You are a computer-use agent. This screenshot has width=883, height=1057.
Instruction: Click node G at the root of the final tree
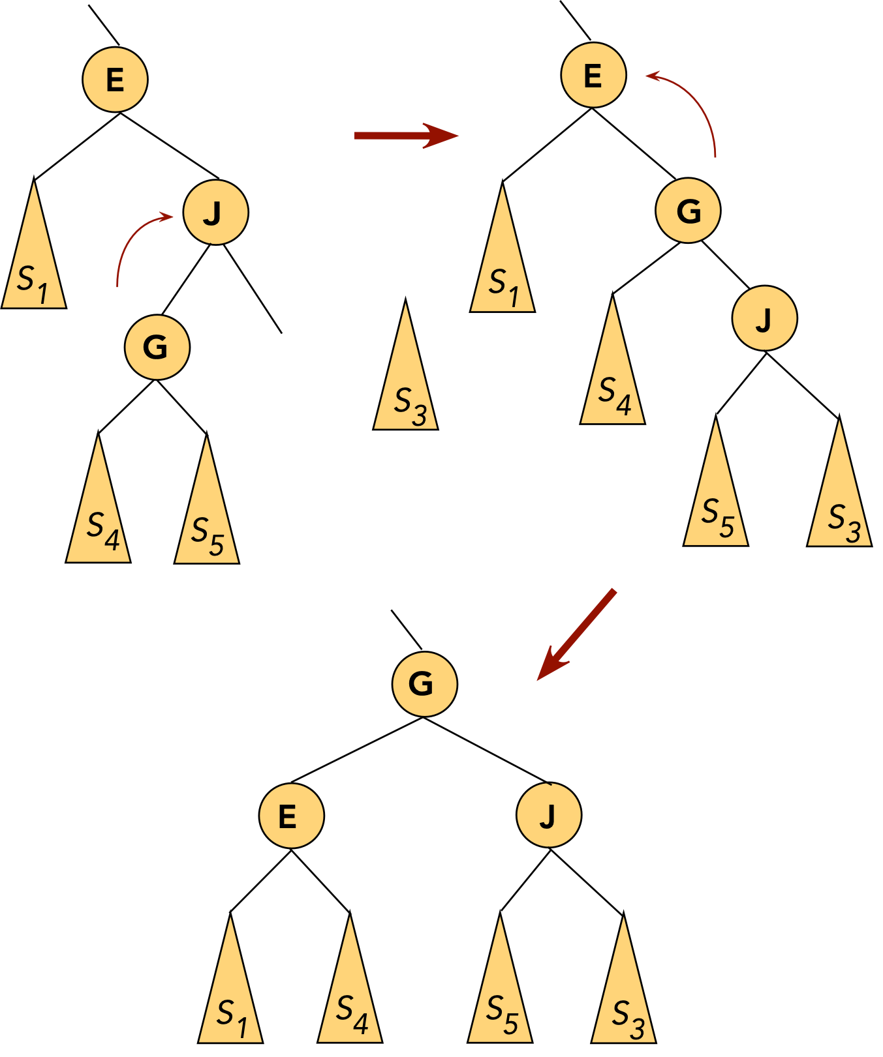[x=424, y=684]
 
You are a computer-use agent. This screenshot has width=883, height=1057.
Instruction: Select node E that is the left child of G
[x=291, y=816]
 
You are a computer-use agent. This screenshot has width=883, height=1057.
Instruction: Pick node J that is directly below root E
[x=215, y=213]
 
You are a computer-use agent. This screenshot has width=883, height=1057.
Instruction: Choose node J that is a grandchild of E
[x=764, y=319]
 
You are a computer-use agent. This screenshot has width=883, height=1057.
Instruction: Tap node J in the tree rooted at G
[x=548, y=815]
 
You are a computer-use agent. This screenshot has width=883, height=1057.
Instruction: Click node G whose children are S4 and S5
[x=157, y=347]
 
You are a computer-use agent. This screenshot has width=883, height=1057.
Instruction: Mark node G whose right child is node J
[x=688, y=211]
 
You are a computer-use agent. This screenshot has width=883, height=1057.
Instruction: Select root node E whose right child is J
[x=115, y=80]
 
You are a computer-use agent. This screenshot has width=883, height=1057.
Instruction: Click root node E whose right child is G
[x=593, y=76]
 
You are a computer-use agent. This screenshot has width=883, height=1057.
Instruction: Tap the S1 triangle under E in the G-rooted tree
[x=230, y=998]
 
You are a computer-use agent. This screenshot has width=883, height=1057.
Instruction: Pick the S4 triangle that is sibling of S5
[x=99, y=515]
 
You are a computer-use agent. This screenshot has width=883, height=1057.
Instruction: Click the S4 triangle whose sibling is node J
[x=612, y=378]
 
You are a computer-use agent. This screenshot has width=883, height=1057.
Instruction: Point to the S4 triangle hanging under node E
[x=350, y=998]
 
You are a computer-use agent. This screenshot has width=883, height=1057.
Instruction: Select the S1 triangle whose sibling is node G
[x=502, y=267]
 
